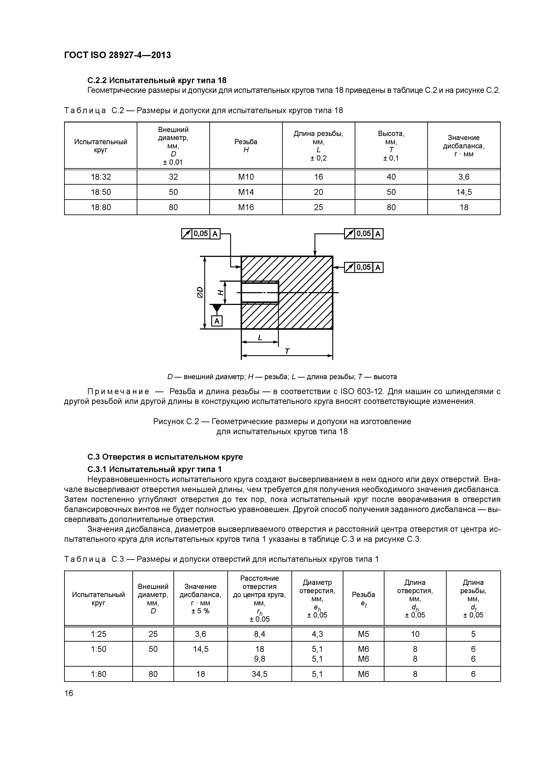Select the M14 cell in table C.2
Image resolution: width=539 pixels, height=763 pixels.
(x=246, y=192)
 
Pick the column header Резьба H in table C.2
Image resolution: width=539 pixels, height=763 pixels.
(x=246, y=146)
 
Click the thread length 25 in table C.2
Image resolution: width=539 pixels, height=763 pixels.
(x=318, y=207)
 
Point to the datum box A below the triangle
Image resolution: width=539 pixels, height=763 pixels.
(x=217, y=321)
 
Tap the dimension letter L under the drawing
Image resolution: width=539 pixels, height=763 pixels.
(x=260, y=338)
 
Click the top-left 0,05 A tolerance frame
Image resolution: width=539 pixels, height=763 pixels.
(x=201, y=234)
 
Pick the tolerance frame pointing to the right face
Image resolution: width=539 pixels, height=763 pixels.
(x=364, y=268)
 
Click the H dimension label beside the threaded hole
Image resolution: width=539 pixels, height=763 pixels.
(x=220, y=293)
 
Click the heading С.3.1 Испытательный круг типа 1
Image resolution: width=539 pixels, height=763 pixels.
(x=155, y=469)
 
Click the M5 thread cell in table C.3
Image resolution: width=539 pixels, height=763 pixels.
(x=363, y=634)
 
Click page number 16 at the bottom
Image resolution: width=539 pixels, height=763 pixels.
(x=69, y=693)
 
